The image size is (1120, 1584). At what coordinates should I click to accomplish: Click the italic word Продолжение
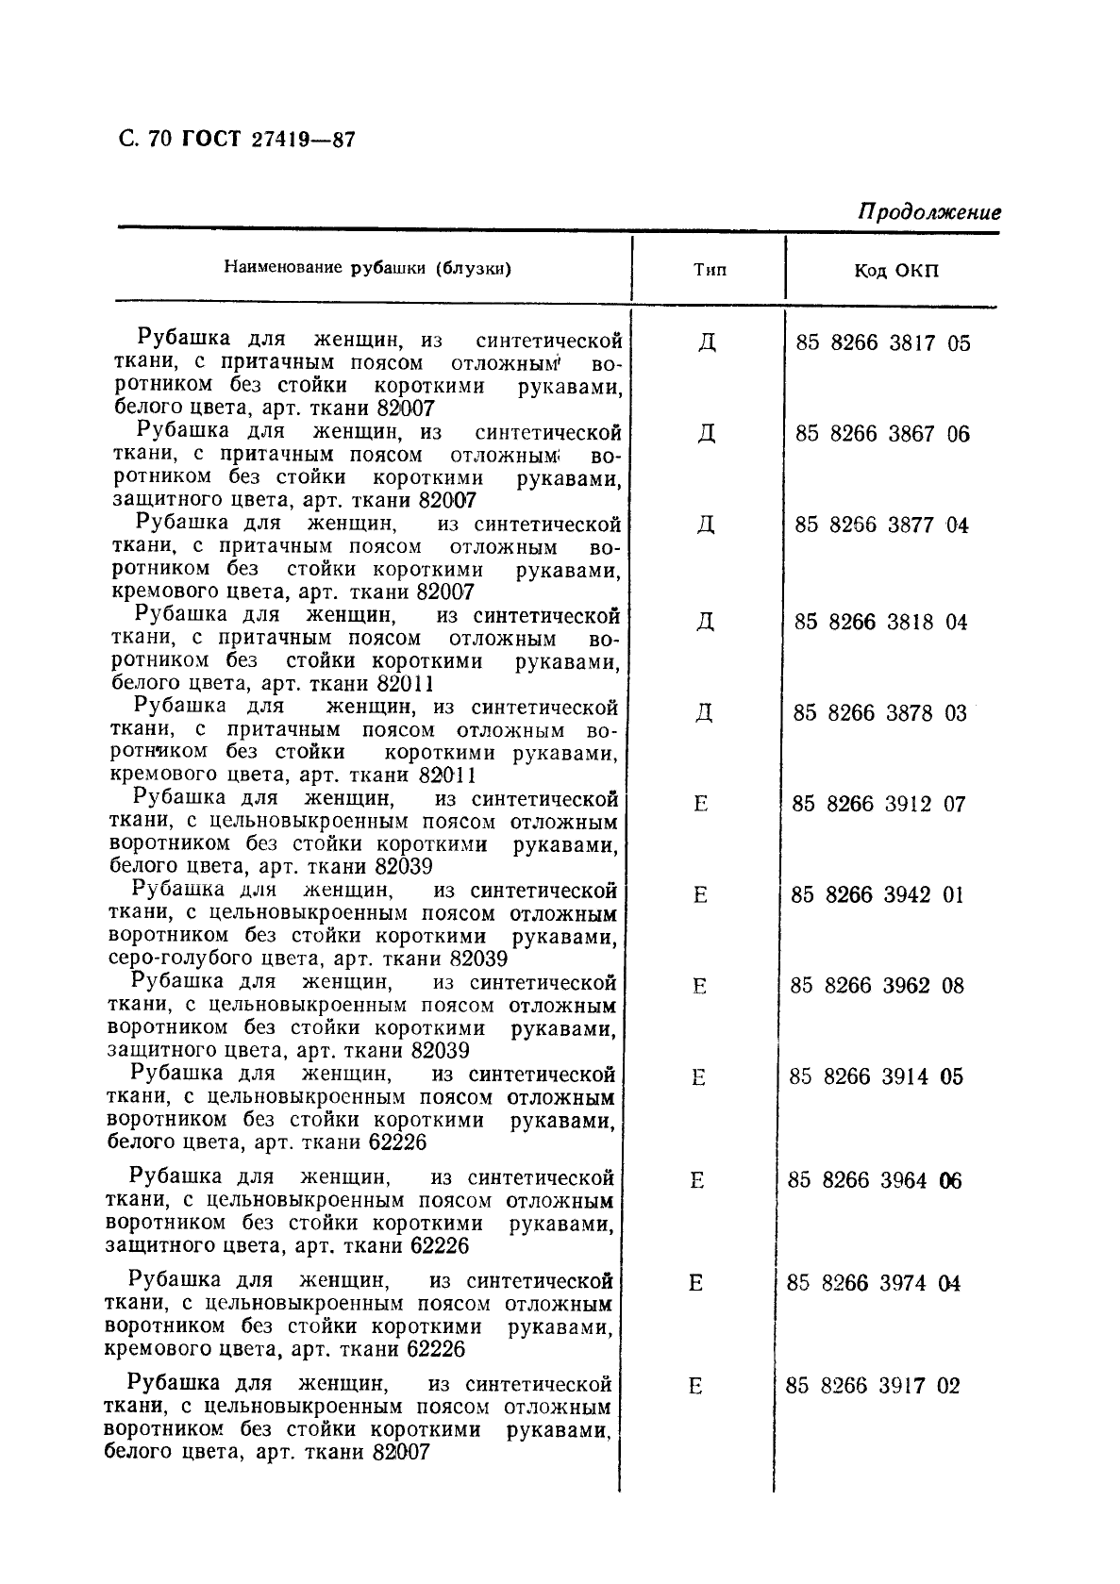click(928, 212)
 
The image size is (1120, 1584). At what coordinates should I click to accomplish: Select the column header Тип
click(710, 270)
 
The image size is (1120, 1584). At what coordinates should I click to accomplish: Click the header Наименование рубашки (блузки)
click(368, 268)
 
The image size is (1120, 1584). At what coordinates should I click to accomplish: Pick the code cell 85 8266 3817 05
click(882, 342)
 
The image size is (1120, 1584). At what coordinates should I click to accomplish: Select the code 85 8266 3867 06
click(882, 434)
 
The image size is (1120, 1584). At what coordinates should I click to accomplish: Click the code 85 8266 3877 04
click(881, 525)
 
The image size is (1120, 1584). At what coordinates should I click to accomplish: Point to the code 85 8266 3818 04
click(880, 622)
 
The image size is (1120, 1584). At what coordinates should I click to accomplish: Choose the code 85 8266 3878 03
click(879, 713)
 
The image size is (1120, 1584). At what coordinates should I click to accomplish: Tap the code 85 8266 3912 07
click(878, 805)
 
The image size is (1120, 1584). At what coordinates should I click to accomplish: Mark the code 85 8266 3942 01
click(878, 895)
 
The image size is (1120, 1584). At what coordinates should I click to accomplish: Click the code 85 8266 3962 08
click(877, 987)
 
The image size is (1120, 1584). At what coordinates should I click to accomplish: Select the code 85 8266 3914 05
click(876, 1077)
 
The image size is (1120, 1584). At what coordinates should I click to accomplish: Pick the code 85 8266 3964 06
click(875, 1181)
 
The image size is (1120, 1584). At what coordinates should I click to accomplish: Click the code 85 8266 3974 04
click(874, 1284)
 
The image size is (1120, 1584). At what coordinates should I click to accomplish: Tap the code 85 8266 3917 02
click(872, 1387)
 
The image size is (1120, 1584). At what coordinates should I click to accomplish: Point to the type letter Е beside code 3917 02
click(695, 1387)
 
